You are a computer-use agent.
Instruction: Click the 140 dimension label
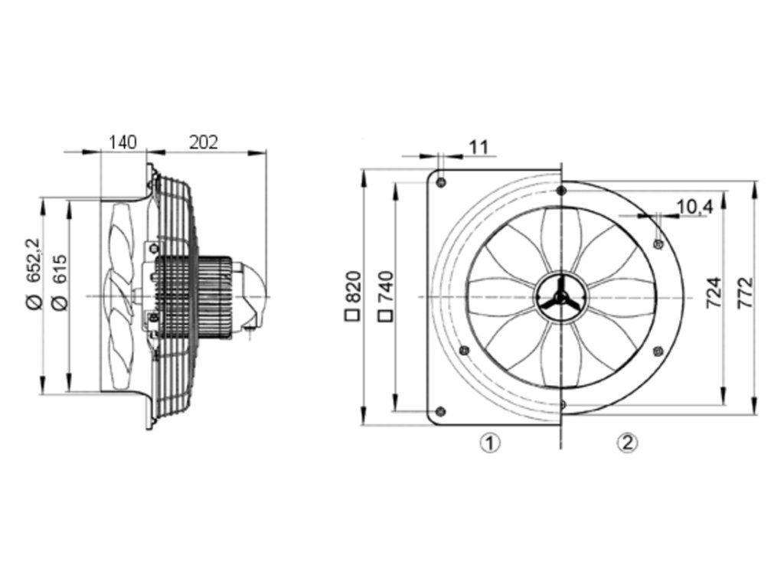122,142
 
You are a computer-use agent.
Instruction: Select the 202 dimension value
204,142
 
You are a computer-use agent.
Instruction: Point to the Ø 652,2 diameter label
33,273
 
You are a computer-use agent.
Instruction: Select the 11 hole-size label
478,147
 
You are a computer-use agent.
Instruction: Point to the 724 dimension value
712,293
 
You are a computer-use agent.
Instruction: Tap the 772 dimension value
745,293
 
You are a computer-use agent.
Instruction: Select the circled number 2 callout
627,442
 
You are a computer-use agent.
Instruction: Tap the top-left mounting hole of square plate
442,181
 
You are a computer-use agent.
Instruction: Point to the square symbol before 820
353,314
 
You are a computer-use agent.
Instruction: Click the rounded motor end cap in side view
253,295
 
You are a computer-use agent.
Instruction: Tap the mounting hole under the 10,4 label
657,243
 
